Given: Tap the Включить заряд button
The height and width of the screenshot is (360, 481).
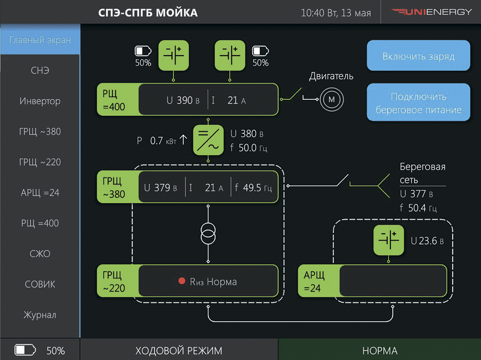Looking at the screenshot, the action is pyautogui.click(x=418, y=55).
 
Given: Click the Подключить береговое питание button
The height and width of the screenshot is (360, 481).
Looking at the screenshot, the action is pyautogui.click(x=418, y=102).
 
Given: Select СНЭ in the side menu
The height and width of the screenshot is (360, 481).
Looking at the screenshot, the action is pyautogui.click(x=40, y=70).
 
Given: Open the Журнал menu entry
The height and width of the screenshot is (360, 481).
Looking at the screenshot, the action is pyautogui.click(x=40, y=315).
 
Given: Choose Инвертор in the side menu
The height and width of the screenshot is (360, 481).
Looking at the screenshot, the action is pyautogui.click(x=40, y=101).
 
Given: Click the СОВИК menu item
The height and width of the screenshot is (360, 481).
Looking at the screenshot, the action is pyautogui.click(x=40, y=284).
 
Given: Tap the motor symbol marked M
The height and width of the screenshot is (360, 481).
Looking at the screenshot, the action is pyautogui.click(x=331, y=99).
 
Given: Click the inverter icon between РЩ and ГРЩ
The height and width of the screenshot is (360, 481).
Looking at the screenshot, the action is pyautogui.click(x=208, y=140).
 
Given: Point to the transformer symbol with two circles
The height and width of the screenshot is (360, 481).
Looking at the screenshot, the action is pyautogui.click(x=208, y=234).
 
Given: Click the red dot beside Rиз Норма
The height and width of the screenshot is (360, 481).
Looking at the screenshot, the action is pyautogui.click(x=182, y=281).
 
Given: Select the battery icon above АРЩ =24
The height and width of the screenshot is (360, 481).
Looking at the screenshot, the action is pyautogui.click(x=389, y=240).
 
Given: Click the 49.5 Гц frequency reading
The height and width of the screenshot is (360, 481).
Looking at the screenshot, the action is pyautogui.click(x=253, y=188).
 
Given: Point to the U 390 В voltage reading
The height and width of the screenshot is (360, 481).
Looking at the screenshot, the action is pyautogui.click(x=183, y=100).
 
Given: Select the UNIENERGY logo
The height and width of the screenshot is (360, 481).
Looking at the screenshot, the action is pyautogui.click(x=432, y=12).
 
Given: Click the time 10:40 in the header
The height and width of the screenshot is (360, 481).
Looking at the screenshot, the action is pyautogui.click(x=313, y=13).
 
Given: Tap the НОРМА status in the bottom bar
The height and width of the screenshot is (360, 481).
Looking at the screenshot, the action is pyautogui.click(x=380, y=350).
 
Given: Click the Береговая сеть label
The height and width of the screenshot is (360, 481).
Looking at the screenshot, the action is pyautogui.click(x=422, y=173).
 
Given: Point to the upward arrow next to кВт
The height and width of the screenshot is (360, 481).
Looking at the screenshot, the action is pyautogui.click(x=183, y=140).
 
